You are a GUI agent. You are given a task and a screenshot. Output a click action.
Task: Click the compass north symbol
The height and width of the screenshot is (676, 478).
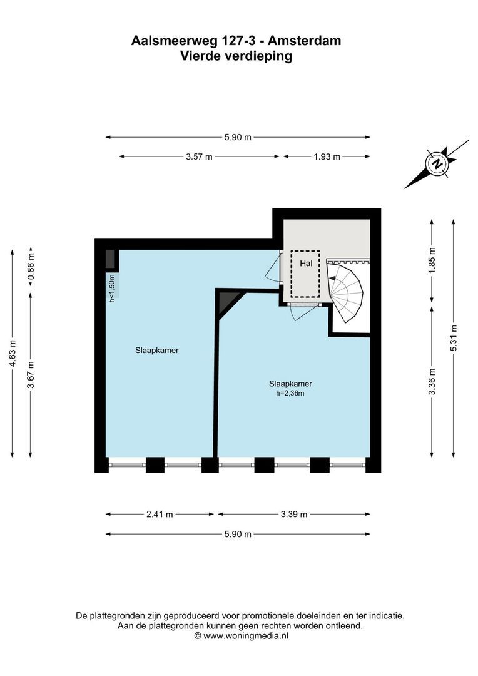[437, 164]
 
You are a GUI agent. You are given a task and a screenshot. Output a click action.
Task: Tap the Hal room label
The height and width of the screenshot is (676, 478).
[305, 264]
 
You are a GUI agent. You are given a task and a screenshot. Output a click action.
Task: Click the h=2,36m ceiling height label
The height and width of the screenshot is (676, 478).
[290, 394]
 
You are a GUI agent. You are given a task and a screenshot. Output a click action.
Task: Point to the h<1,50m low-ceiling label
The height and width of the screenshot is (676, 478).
[112, 289]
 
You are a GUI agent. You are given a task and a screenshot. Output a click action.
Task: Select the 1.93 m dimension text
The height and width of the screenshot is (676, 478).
[327, 157]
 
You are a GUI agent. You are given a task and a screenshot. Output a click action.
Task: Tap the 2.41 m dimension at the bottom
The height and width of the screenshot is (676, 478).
[160, 515]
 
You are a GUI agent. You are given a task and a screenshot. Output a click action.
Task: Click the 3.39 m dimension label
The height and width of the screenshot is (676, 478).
[294, 515]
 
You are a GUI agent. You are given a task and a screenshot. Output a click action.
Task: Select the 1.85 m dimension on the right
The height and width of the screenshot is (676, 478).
[432, 260]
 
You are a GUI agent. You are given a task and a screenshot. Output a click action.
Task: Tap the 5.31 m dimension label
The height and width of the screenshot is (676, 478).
[454, 338]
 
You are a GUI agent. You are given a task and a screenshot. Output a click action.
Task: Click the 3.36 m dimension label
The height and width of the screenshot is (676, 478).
[432, 380]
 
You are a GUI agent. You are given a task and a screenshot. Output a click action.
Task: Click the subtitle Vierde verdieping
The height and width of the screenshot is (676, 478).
[236, 56]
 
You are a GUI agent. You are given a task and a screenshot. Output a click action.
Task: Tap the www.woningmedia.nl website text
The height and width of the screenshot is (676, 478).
[246, 635]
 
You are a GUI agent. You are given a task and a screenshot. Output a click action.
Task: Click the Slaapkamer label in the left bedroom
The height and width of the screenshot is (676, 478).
[157, 351]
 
